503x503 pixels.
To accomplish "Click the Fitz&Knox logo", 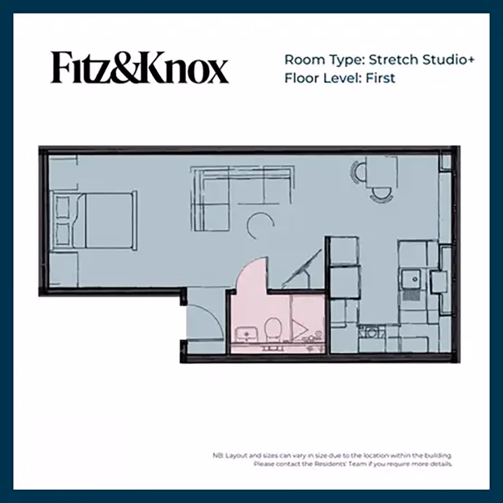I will point(140,68).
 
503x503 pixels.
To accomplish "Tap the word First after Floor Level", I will point(380,78).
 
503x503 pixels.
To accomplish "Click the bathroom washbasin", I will point(245,334).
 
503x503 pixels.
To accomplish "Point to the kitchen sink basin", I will point(412,277).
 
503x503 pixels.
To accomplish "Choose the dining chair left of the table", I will point(357,172).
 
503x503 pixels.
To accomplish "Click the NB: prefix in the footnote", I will point(218,456).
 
